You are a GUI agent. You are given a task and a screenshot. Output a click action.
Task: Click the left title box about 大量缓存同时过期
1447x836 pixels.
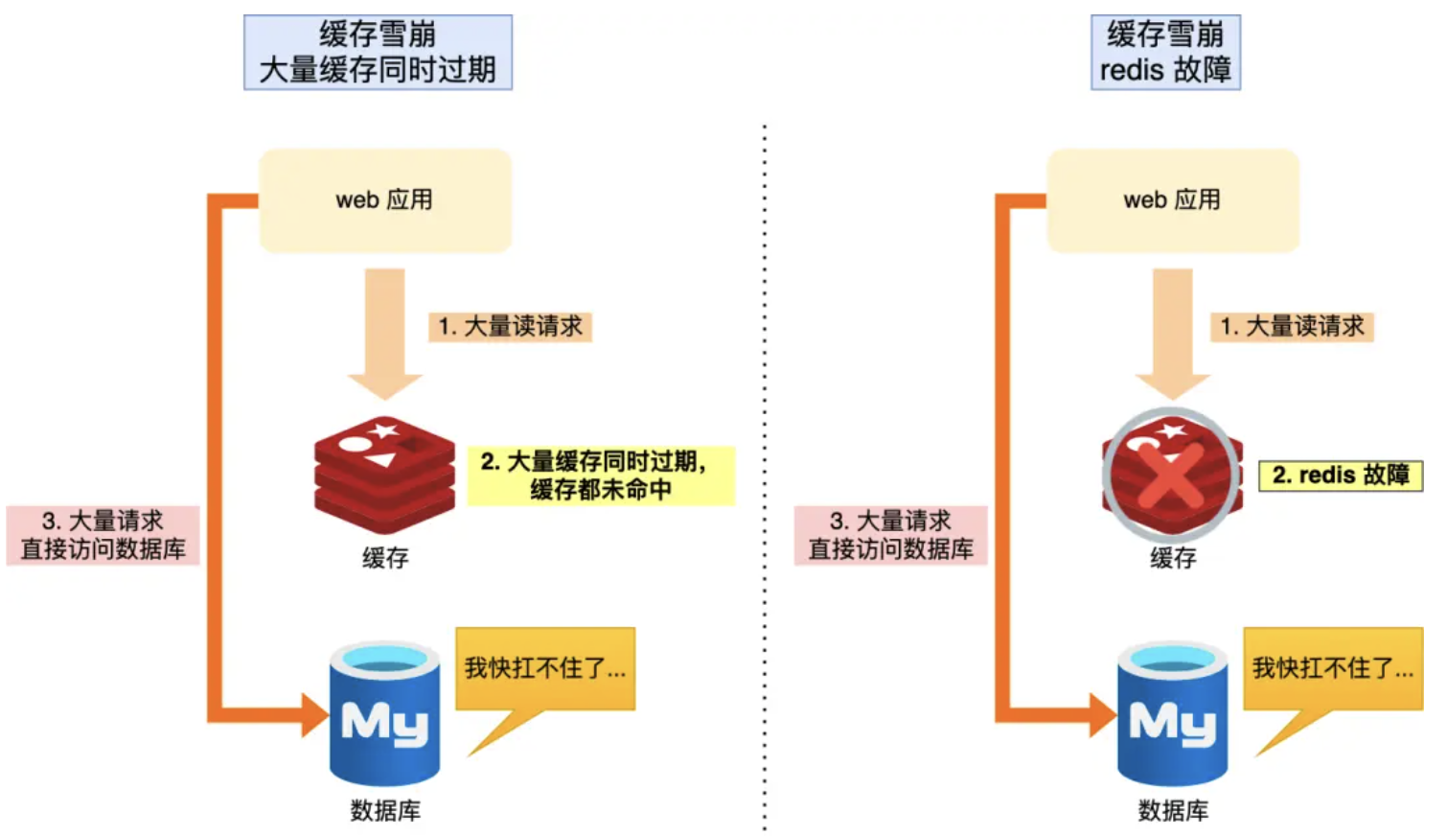(x=378, y=53)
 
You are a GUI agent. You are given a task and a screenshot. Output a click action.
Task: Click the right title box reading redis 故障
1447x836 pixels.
(x=1165, y=53)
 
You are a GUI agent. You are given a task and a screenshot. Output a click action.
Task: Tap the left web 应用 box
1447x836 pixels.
(x=385, y=200)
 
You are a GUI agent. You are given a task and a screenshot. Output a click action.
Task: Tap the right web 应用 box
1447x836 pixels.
(x=1173, y=200)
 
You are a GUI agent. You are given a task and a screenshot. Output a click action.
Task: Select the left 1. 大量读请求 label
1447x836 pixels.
(x=510, y=327)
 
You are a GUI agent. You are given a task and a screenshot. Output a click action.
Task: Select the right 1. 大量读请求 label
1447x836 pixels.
(x=1292, y=327)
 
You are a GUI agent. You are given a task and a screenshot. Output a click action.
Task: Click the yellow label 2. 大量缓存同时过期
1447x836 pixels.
(x=601, y=476)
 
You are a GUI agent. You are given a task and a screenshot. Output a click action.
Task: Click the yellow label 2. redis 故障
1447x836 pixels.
(x=1340, y=476)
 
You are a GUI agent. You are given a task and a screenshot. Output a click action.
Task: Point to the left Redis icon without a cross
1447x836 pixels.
(x=385, y=475)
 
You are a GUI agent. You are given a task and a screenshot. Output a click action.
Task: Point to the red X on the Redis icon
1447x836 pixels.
(x=1171, y=475)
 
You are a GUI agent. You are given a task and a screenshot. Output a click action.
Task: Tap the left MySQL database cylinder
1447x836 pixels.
(x=385, y=714)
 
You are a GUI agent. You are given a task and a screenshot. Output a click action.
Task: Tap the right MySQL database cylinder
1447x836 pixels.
(x=1173, y=714)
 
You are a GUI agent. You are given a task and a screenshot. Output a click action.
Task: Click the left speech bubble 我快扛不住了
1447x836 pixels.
(x=545, y=669)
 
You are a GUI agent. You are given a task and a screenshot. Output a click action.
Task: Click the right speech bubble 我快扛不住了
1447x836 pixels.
(x=1333, y=669)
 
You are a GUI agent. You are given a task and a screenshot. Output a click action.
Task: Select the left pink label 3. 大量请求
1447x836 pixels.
(x=103, y=535)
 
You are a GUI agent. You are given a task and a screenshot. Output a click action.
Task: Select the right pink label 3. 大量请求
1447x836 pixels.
(x=891, y=535)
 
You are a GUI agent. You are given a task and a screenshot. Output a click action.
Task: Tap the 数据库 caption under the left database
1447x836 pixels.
(x=385, y=811)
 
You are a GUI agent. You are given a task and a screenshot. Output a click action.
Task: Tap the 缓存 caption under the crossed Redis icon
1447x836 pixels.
(x=1173, y=558)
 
